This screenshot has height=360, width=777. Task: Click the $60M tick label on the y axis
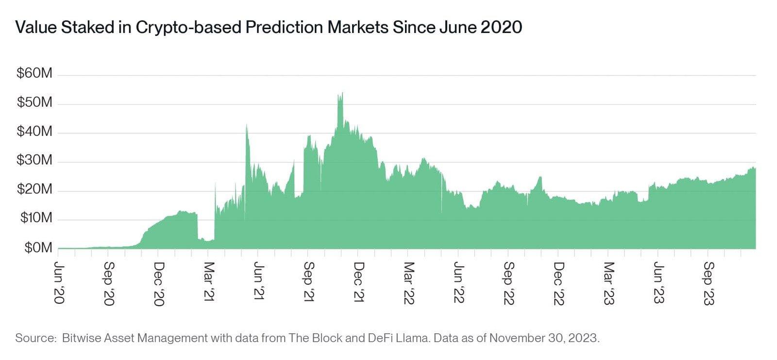34,73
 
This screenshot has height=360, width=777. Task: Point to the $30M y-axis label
34,160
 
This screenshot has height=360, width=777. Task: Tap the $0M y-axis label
38,248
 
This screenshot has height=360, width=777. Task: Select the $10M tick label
35,218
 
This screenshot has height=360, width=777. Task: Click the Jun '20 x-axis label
59,283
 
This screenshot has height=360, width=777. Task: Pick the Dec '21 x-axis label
358,282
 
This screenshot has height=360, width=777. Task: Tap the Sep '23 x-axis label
709,283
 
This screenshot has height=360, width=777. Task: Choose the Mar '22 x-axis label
409,283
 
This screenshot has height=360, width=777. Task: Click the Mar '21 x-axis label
209,282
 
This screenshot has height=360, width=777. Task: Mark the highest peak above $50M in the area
341,94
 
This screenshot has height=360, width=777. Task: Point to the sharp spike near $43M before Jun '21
247,126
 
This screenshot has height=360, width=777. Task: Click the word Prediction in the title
284,27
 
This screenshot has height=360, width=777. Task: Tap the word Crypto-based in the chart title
188,27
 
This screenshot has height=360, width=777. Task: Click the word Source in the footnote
35,338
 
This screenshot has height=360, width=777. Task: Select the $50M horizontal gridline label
34,102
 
